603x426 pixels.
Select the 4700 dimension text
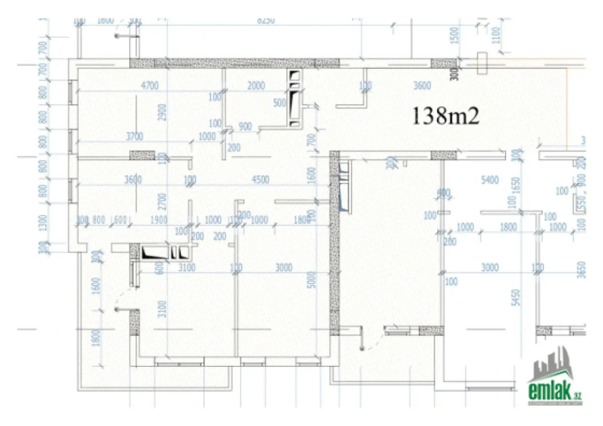149,86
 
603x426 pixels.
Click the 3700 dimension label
134,137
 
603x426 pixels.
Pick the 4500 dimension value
260,180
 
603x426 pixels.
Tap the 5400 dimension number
489,181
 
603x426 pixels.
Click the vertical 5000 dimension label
312,280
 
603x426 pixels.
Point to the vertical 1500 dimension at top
454,36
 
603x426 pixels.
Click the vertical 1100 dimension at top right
496,36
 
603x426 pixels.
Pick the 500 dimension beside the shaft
279,103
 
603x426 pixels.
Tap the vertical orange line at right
567,101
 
